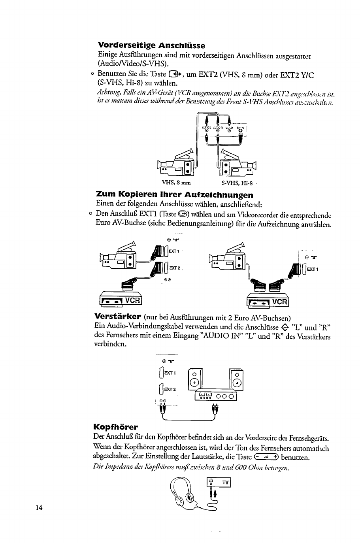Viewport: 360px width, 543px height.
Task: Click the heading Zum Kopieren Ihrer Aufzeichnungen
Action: (x=175, y=195)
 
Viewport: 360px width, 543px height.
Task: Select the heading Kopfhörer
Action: (x=115, y=427)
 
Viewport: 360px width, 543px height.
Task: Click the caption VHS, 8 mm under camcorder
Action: (x=176, y=183)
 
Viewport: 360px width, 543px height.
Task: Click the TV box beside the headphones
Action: (x=219, y=483)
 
